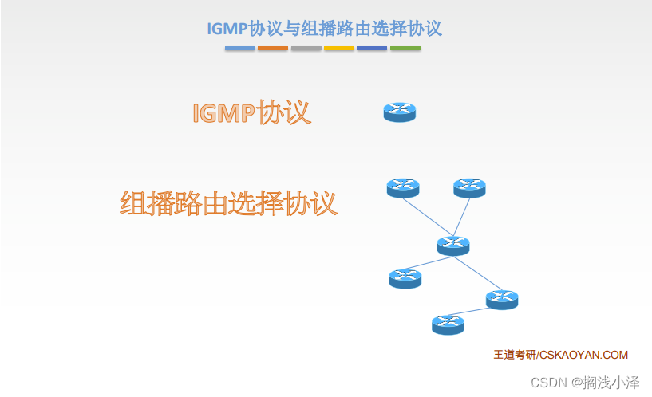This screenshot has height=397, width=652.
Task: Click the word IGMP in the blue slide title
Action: pos(227,29)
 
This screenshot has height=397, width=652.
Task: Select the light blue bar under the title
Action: pos(240,49)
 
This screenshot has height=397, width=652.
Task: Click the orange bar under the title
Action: pos(273,49)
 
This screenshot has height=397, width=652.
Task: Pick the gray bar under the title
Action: pos(306,49)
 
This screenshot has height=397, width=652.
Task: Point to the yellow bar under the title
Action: pos(339,49)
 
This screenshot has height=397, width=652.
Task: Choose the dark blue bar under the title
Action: pos(372,49)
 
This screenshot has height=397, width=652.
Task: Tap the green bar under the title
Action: pos(405,49)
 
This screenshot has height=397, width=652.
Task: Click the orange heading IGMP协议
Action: pos(251,112)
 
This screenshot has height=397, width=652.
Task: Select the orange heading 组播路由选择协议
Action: pos(229,203)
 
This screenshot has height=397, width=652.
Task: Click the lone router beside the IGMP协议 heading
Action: pos(400,112)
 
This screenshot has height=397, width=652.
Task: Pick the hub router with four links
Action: pos(453,246)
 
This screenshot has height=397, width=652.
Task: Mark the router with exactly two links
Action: pos(502,300)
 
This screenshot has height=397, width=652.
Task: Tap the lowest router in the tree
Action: pos(448,324)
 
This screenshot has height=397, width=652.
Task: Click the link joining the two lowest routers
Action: pos(468,312)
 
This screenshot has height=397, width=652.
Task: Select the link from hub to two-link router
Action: pos(478,273)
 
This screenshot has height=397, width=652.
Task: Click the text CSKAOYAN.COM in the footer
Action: pos(584,355)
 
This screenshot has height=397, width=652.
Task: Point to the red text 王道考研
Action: pos(515,355)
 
